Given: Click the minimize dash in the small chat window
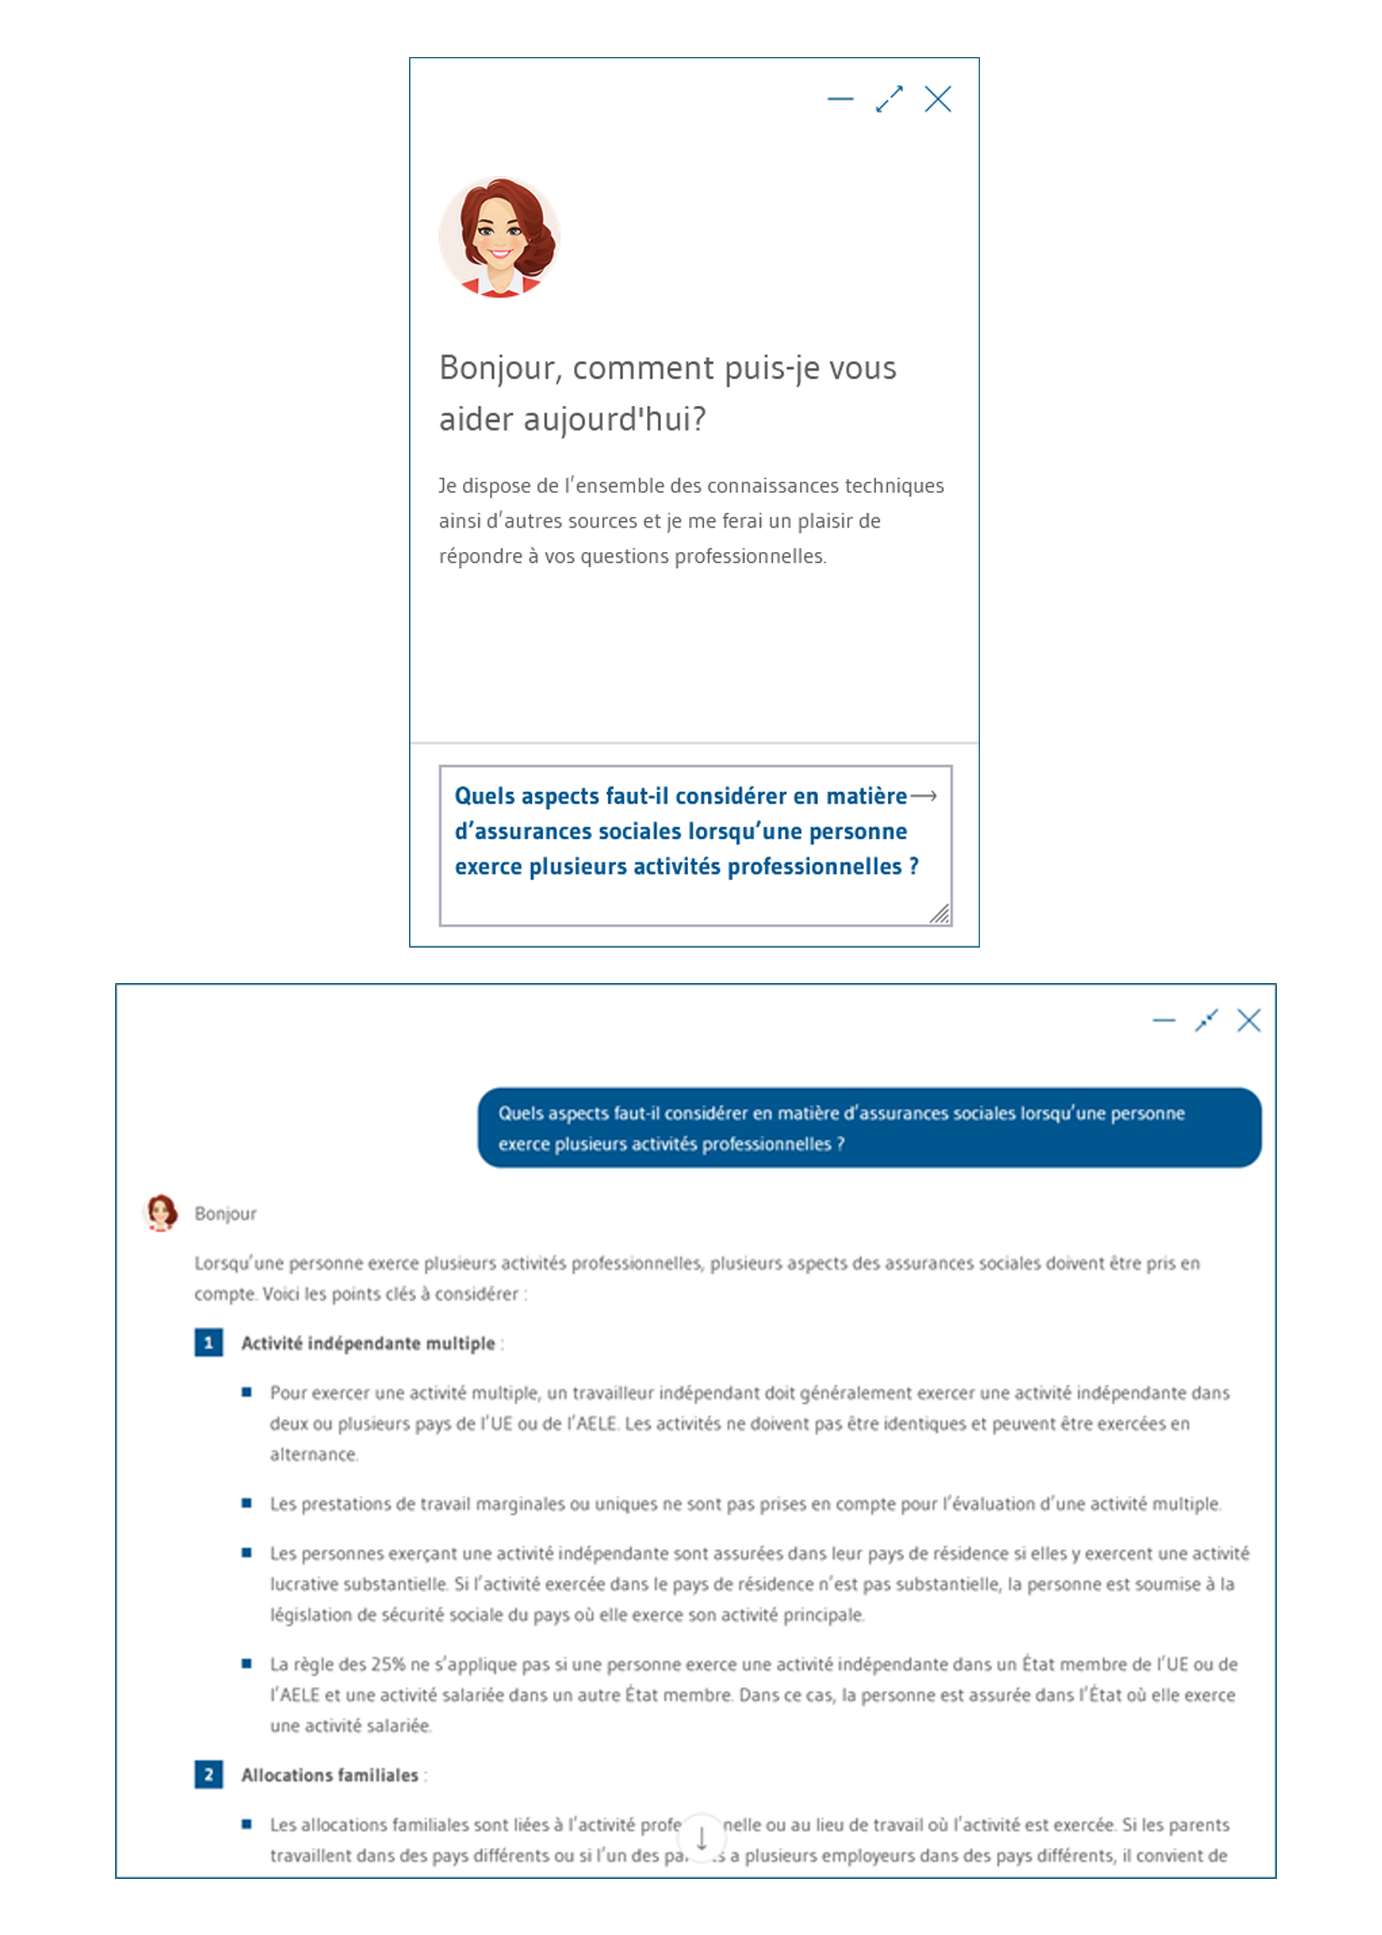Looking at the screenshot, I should pyautogui.click(x=840, y=100).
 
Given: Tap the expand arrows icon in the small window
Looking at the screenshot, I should pyautogui.click(x=889, y=100).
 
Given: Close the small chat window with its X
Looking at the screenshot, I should pyautogui.click(x=938, y=100).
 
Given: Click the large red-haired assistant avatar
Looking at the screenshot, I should pyautogui.click(x=500, y=237).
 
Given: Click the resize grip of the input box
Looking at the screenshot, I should pyautogui.click(x=940, y=914).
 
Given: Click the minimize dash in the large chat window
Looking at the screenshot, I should pyautogui.click(x=1163, y=1020).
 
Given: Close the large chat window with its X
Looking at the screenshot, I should pyautogui.click(x=1248, y=1020).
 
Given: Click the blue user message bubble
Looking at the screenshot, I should pyautogui.click(x=869, y=1127).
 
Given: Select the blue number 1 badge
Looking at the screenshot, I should pyautogui.click(x=208, y=1343).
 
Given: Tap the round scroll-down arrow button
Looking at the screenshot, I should pyautogui.click(x=702, y=1839).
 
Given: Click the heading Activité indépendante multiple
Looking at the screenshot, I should pyautogui.click(x=368, y=1343).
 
